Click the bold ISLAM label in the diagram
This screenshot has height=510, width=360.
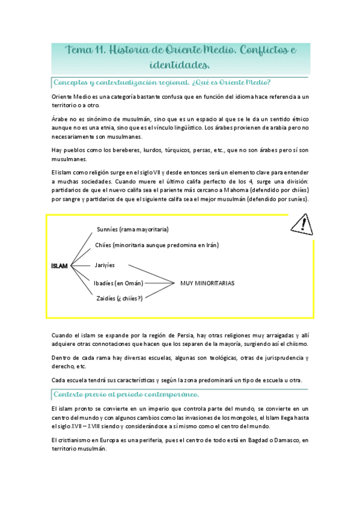(x=59, y=265)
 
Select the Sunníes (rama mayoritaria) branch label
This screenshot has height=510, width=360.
(x=132, y=229)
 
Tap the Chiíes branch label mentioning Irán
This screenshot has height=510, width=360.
(x=156, y=245)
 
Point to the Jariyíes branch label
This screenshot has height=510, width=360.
(x=105, y=265)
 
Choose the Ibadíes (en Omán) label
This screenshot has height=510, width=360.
(x=119, y=283)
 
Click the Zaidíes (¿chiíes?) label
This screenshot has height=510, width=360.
(x=118, y=298)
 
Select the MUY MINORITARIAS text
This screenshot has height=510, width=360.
(x=207, y=282)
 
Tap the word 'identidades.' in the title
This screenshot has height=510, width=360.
(x=180, y=64)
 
